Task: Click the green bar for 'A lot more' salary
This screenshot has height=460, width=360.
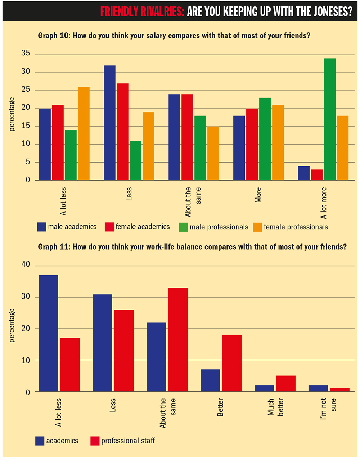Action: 329,119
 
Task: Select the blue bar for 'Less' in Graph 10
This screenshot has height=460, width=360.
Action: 109,123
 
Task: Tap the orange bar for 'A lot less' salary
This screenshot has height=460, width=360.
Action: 84,133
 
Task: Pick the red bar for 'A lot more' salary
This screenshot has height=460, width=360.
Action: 317,175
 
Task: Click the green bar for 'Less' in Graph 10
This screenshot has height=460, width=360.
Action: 135,160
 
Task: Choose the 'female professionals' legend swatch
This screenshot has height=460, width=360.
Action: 257,227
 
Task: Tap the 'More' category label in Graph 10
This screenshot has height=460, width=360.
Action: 258,195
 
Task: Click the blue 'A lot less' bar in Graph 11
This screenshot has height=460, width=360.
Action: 48,333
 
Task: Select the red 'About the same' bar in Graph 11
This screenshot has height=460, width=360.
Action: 177,340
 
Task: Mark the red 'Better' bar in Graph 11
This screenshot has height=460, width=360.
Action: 232,363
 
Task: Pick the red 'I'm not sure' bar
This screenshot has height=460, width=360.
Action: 340,390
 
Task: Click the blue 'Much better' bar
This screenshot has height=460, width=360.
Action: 264,388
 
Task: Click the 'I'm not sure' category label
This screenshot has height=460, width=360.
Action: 328,409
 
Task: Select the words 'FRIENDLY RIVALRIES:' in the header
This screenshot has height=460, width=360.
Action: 142,12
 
